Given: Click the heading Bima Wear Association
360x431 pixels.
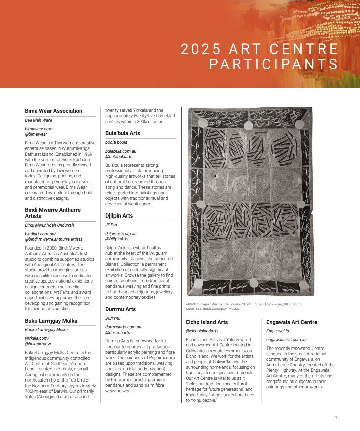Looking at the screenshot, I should tap(54, 111).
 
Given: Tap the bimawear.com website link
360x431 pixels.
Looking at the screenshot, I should tap(38, 129).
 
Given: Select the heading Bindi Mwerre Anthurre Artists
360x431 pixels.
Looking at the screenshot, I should tap(53, 213).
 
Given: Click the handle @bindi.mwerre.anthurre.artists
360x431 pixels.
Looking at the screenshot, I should tap(54, 239).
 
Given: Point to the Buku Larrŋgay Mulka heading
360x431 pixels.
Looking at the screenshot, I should tap(51, 321).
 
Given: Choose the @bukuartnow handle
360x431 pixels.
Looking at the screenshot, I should tap(38, 344).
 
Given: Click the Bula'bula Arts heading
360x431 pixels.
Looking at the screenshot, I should tap(123, 133).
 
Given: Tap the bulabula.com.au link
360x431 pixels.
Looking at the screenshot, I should tap(121, 151).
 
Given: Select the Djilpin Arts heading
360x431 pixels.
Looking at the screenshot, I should tap(119, 215).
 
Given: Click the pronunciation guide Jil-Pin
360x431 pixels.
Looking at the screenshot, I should tap(111, 225).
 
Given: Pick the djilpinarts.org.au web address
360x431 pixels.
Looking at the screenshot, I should tap(121, 233).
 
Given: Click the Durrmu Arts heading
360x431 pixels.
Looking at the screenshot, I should tap(120, 309).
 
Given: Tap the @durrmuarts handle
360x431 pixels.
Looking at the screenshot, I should tap(118, 332).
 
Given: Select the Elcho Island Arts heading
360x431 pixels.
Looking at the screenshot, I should tap(207, 322).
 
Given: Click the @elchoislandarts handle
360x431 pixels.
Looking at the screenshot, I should tap(202, 331).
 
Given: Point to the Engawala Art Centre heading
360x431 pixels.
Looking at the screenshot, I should tap(292, 322).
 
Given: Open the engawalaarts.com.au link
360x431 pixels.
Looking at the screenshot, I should tap(286, 340).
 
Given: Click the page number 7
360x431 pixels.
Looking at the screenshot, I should tap(336, 418).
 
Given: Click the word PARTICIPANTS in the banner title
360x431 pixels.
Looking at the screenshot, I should tap(273, 64).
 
